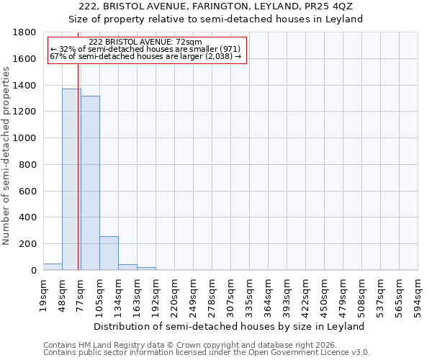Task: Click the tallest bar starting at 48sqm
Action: (x=71, y=179)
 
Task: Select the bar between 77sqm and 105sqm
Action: (x=90, y=183)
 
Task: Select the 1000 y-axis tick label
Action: (x=25, y=138)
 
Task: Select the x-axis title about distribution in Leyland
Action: (x=230, y=326)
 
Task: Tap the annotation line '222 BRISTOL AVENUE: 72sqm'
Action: (x=147, y=42)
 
